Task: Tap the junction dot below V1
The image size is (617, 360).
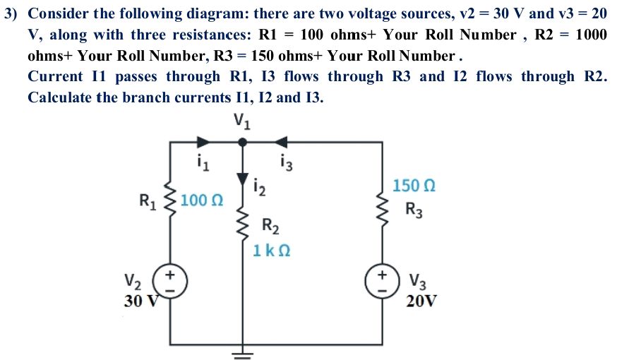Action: click(242, 142)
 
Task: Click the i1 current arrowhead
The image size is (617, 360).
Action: click(203, 142)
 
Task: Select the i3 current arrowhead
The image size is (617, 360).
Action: click(282, 142)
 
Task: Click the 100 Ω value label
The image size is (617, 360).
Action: click(202, 200)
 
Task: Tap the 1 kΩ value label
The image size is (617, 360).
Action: click(272, 250)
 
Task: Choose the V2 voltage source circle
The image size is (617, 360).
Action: click(170, 280)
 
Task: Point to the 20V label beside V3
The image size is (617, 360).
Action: click(421, 300)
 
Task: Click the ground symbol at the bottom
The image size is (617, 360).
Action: click(242, 352)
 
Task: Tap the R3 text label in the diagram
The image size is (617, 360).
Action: click(414, 210)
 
